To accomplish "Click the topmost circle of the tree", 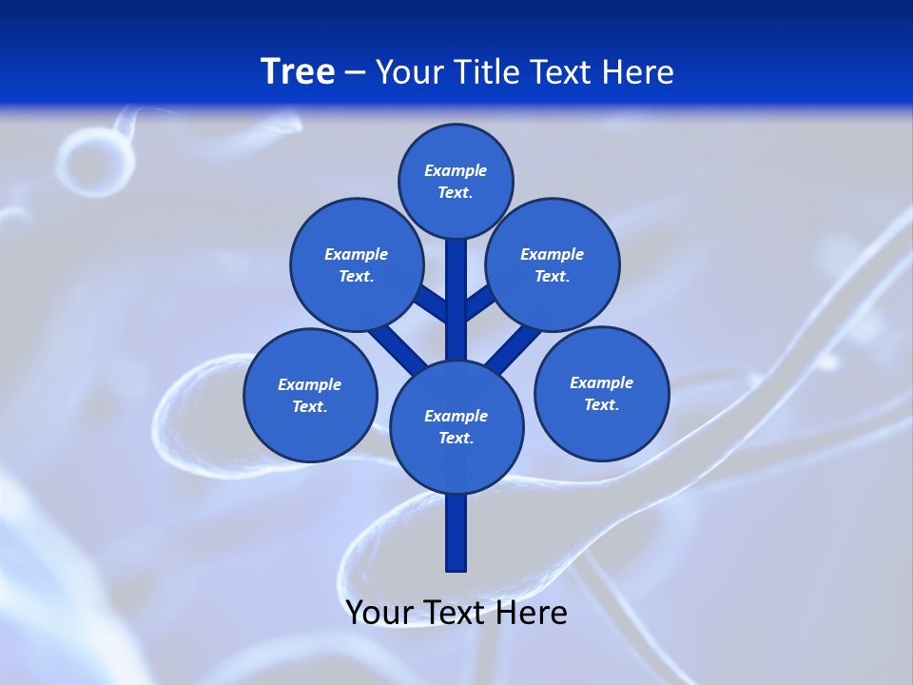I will coord(456,181).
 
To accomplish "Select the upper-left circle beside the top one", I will coord(356,264).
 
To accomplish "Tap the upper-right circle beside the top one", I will coord(553,264).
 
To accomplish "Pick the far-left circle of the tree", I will coord(310,395).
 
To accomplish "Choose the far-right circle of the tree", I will coord(601,393).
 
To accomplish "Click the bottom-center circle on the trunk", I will coord(456,426).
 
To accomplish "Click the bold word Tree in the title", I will coord(298,71).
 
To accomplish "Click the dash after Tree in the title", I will coord(355,72).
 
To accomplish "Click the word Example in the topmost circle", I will coord(456,170).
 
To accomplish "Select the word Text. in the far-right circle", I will coord(601,404).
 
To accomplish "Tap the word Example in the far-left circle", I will coord(310,384).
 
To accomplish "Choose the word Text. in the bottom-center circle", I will coord(456,438).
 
